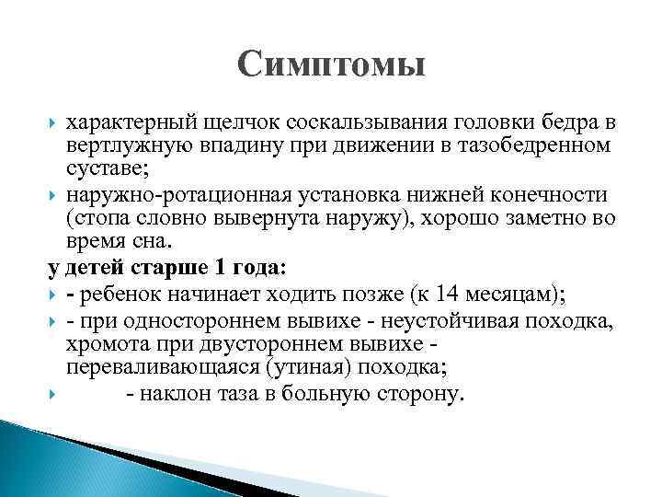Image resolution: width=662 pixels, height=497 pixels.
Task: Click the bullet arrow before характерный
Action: coord(52,122)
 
